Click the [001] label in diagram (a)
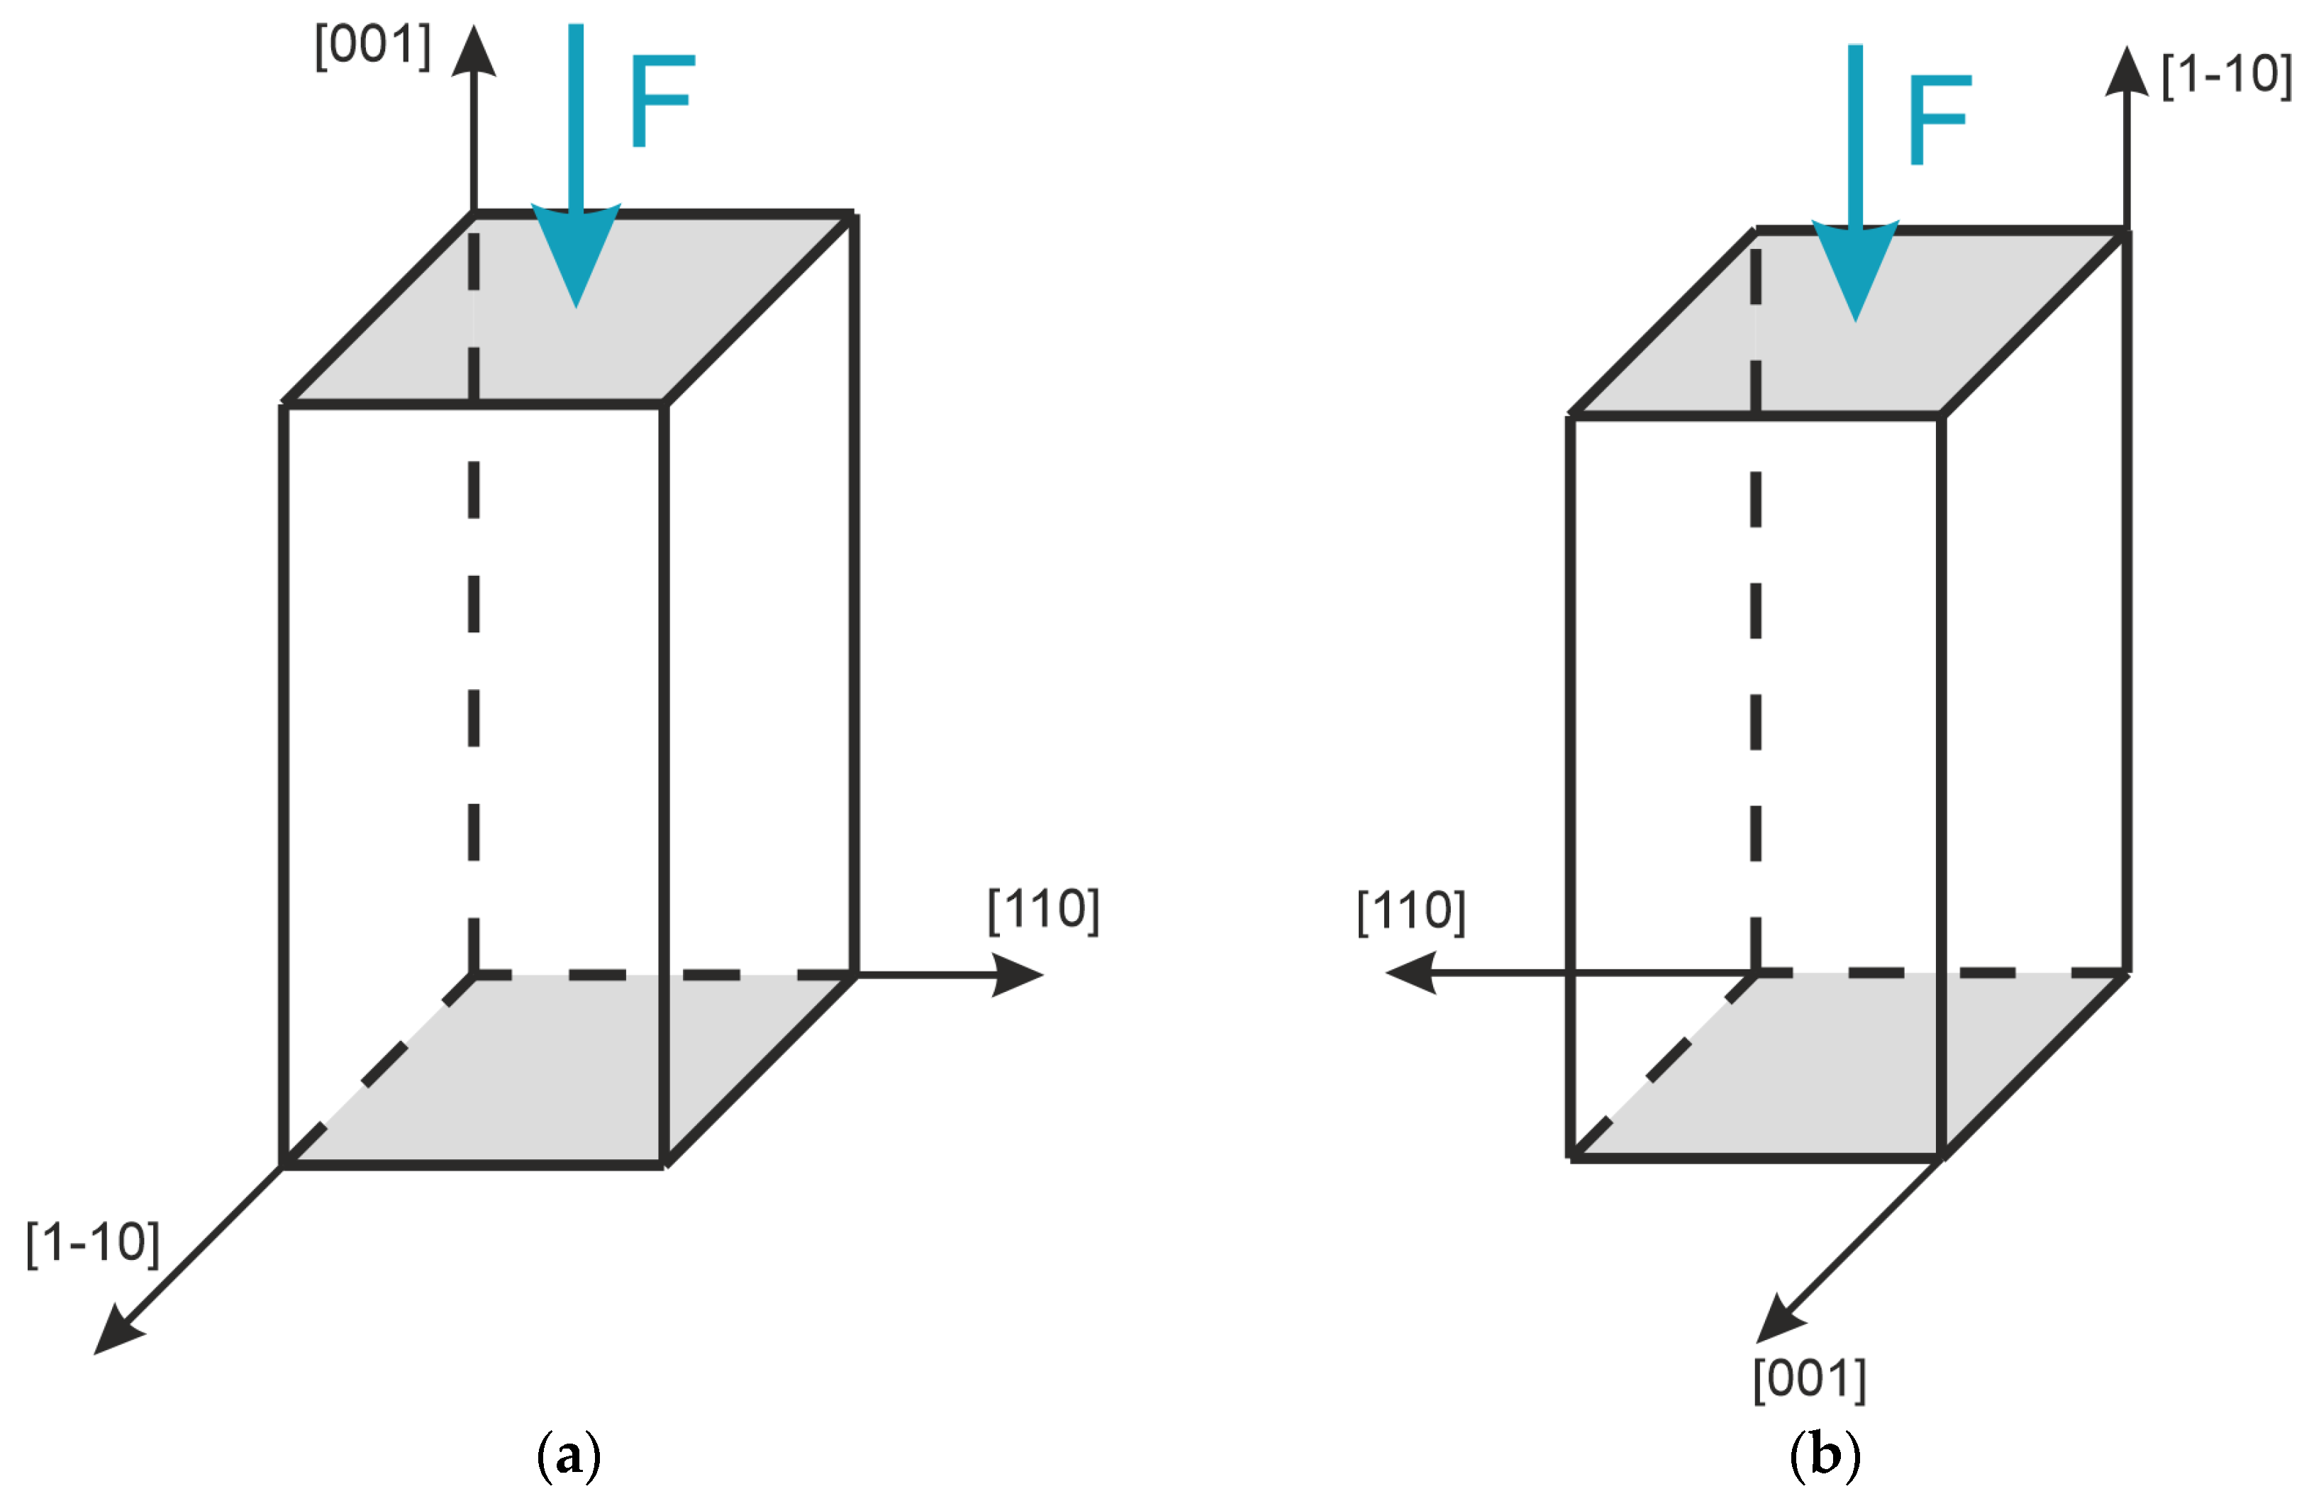pos(372,46)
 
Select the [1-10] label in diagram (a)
pos(93,1243)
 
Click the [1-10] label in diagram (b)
pos(2227,74)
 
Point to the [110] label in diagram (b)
pos(1411,911)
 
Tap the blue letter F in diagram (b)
pos(1939,119)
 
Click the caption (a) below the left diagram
pos(569,1456)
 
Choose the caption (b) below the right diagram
pos(1825,1456)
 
